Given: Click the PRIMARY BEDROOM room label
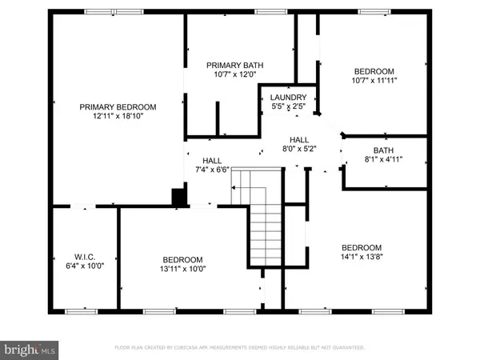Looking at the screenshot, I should pos(117,106).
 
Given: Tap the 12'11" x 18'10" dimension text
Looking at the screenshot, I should pos(117,116).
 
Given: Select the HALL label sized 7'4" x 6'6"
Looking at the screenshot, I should pos(212,160).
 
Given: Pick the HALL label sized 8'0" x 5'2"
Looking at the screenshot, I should pos(299,138).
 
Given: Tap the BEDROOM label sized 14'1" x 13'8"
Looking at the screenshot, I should pos(362,247).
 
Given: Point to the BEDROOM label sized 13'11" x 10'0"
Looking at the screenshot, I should pos(182,259).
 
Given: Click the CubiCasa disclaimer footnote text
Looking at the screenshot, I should pos(240,348).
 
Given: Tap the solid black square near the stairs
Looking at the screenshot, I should pos(179,196).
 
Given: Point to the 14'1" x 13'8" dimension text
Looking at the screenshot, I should pos(362,257).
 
